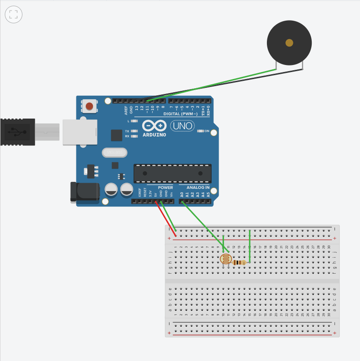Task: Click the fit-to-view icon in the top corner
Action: click(14, 14)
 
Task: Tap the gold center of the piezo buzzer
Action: click(289, 43)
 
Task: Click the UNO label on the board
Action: click(182, 126)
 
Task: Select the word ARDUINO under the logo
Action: click(155, 135)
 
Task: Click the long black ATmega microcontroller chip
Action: click(172, 173)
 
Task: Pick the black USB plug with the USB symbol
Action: click(17, 132)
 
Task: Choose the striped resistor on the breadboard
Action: click(239, 263)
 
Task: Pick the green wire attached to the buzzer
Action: click(211, 85)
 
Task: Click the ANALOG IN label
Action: click(195, 188)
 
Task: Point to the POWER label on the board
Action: click(166, 188)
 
